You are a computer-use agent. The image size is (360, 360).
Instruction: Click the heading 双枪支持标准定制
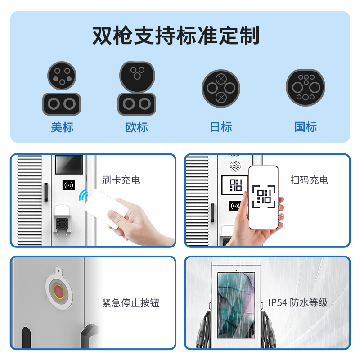[x=176, y=36]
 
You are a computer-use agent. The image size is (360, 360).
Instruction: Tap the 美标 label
[x=62, y=127]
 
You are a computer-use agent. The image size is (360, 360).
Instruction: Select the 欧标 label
[x=137, y=127]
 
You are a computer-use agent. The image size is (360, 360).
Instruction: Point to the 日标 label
[x=221, y=127]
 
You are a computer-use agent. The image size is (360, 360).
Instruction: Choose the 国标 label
[x=306, y=127]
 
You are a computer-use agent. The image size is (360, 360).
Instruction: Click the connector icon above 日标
[x=221, y=88]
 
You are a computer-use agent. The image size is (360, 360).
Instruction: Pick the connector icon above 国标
[x=306, y=87]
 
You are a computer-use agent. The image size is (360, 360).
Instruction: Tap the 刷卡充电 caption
[x=121, y=180]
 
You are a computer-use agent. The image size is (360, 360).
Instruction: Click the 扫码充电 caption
[x=309, y=180]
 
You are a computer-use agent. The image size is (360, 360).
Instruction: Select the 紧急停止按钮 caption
[x=130, y=302]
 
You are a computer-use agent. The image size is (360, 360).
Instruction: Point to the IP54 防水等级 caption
[x=298, y=302]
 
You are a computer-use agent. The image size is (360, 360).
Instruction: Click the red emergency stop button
[x=59, y=292]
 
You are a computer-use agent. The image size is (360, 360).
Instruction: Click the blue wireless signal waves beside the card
[x=83, y=195]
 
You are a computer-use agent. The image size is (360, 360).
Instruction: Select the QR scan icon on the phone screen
[x=264, y=197]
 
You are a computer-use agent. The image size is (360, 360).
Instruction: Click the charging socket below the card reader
[x=62, y=223]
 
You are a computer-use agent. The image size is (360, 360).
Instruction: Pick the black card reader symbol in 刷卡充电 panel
[x=69, y=185]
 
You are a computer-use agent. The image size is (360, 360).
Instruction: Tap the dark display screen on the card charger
[x=69, y=165]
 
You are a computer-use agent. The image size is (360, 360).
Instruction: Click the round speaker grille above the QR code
[x=235, y=166]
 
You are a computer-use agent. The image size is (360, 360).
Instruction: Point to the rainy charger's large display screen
[x=236, y=306]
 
